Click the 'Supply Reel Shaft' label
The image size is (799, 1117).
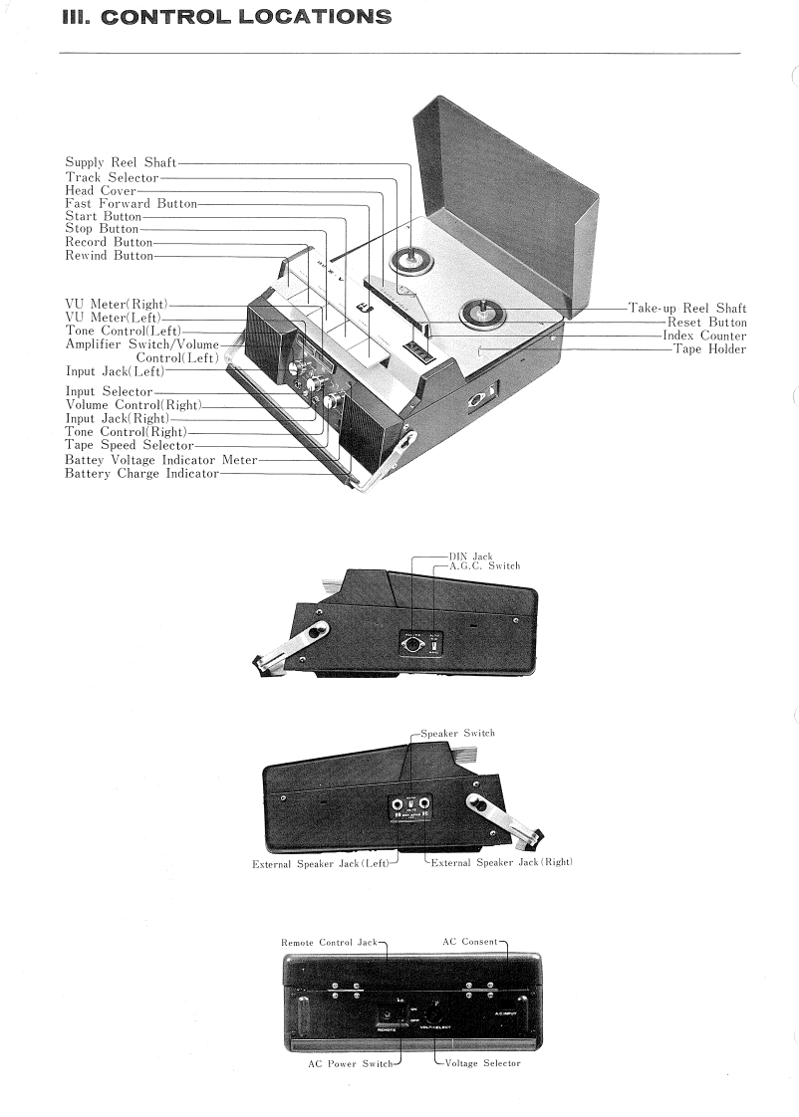coord(121,162)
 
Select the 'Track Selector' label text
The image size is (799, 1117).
coord(112,177)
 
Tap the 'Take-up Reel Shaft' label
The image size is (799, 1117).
coord(686,309)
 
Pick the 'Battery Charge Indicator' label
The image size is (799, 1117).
coord(141,474)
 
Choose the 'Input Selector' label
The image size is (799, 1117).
coord(109,392)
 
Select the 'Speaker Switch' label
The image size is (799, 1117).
coord(458,733)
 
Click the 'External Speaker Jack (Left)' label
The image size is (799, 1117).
coord(321,863)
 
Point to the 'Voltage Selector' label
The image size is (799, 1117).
coord(482,1063)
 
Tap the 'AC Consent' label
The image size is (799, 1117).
coord(470,942)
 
